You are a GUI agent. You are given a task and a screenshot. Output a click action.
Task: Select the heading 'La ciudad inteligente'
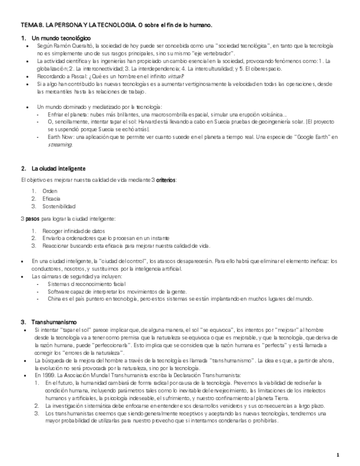58,168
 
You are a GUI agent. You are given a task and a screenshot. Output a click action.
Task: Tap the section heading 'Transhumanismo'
54,321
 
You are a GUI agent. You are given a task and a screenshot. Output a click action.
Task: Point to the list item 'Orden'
49,191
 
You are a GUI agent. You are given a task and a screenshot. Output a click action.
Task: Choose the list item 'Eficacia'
51,198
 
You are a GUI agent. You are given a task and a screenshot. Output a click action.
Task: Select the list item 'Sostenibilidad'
58,206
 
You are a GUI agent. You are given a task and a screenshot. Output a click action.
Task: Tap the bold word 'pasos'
32,219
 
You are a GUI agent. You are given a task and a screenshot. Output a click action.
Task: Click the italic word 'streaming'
60,145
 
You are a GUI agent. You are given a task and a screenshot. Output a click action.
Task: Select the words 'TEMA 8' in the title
30,25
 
